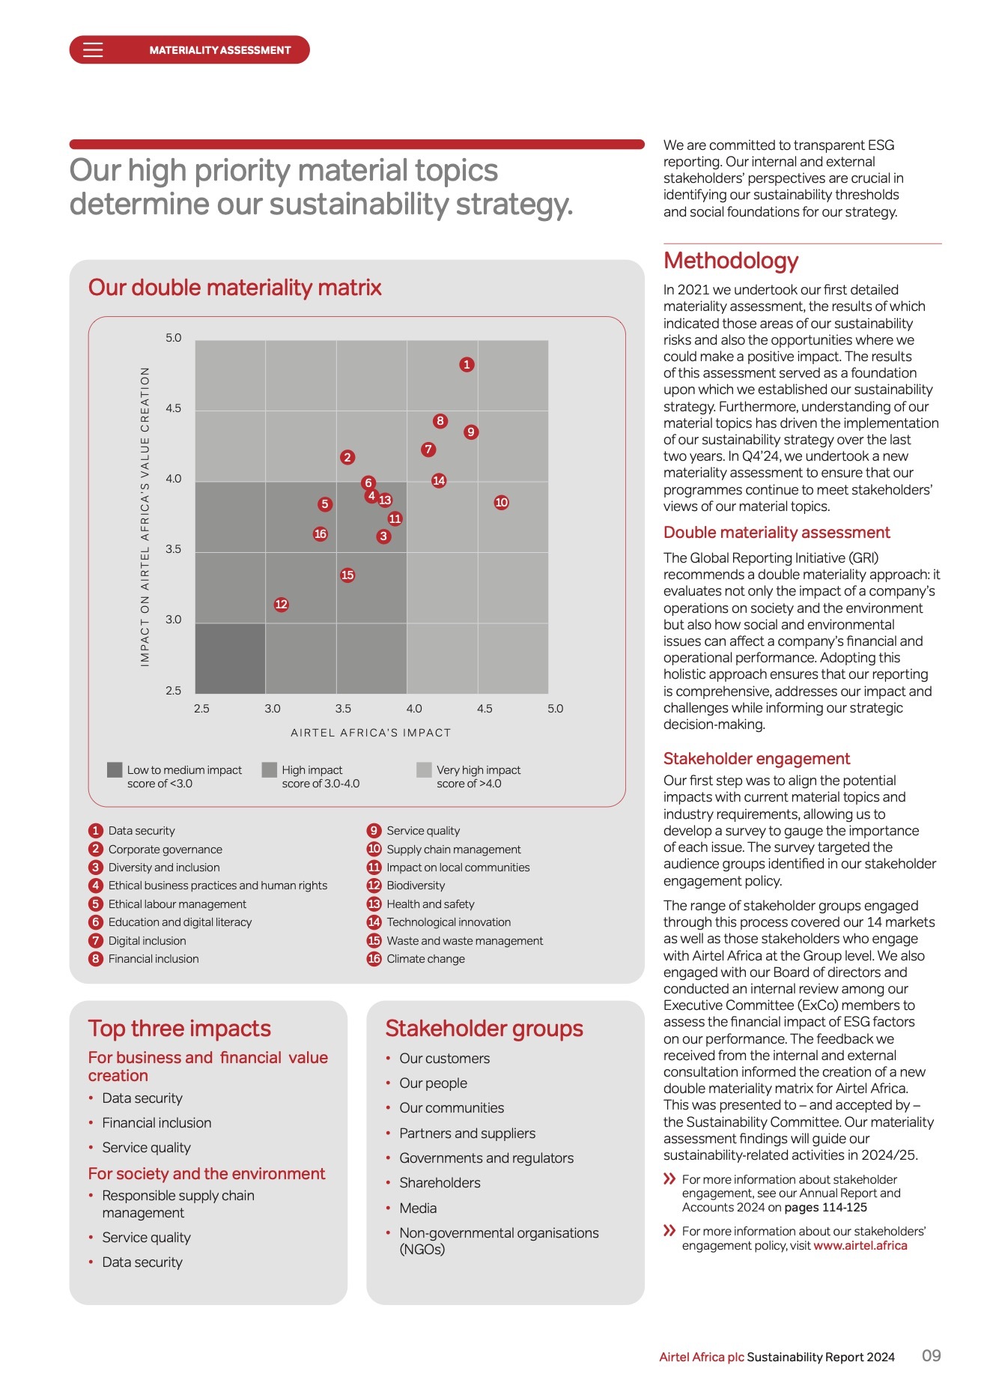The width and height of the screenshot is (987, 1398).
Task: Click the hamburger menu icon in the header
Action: click(93, 50)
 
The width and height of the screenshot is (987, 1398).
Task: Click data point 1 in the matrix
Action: click(467, 365)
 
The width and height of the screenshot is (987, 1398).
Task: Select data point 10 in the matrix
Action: click(501, 503)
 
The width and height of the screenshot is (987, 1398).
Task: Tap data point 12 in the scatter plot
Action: click(281, 605)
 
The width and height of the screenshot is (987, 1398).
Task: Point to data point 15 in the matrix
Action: click(347, 575)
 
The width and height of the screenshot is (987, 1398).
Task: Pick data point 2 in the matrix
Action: click(347, 458)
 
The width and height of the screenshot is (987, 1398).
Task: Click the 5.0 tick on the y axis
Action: click(174, 339)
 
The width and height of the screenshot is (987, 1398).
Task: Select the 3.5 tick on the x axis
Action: click(343, 709)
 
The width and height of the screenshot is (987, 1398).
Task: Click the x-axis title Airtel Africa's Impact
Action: click(371, 733)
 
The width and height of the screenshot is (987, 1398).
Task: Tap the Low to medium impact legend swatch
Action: click(115, 770)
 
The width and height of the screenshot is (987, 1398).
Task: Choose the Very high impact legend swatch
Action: click(424, 770)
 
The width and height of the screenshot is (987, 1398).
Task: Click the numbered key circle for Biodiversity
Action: click(374, 886)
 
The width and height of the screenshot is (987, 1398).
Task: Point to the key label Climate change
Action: click(425, 959)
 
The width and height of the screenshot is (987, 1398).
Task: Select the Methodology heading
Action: click(730, 261)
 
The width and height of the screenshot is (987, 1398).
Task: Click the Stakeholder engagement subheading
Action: click(756, 759)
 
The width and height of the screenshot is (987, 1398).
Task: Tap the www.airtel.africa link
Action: click(860, 1246)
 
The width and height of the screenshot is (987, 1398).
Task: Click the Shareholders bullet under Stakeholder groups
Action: click(440, 1183)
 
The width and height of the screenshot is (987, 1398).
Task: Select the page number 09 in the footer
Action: click(931, 1356)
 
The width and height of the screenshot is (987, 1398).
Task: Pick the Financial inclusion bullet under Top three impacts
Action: click(157, 1123)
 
